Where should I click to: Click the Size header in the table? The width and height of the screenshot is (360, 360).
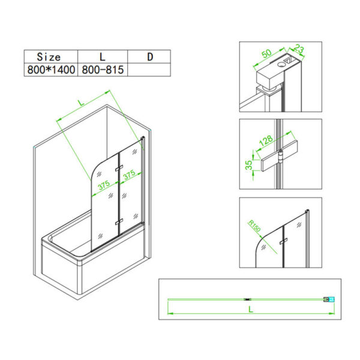coord(49,57)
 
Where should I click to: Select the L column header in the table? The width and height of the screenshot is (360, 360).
coord(103,57)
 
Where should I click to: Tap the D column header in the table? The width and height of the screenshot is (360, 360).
coord(150,57)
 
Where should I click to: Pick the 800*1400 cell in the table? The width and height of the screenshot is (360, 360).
coord(50,70)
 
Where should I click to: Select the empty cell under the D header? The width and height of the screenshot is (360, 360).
coord(150,70)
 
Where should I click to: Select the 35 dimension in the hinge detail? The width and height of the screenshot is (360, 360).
coord(248,164)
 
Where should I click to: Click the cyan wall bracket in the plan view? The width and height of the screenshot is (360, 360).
coord(327,298)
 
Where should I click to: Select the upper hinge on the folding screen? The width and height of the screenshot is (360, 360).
coord(119,166)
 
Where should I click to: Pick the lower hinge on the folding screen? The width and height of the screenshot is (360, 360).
coord(119,223)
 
